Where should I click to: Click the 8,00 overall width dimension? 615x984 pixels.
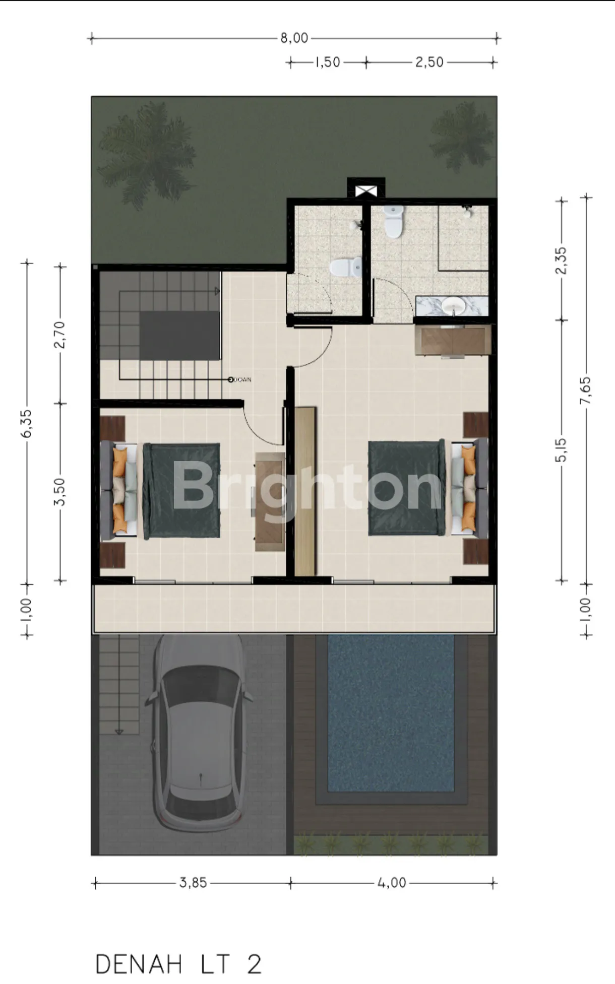click(294, 38)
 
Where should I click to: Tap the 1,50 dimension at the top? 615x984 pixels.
click(328, 62)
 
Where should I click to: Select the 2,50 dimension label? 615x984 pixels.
click(429, 62)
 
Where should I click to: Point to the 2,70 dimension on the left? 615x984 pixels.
click(60, 334)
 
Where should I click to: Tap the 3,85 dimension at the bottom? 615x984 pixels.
click(193, 883)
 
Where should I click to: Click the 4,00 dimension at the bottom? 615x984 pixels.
click(392, 883)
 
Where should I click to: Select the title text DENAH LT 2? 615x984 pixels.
click(178, 964)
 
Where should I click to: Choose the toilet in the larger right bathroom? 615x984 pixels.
click(393, 221)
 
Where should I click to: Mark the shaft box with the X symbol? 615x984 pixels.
click(366, 190)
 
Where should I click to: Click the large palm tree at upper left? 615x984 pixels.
click(147, 154)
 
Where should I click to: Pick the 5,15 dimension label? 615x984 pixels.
click(562, 450)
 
